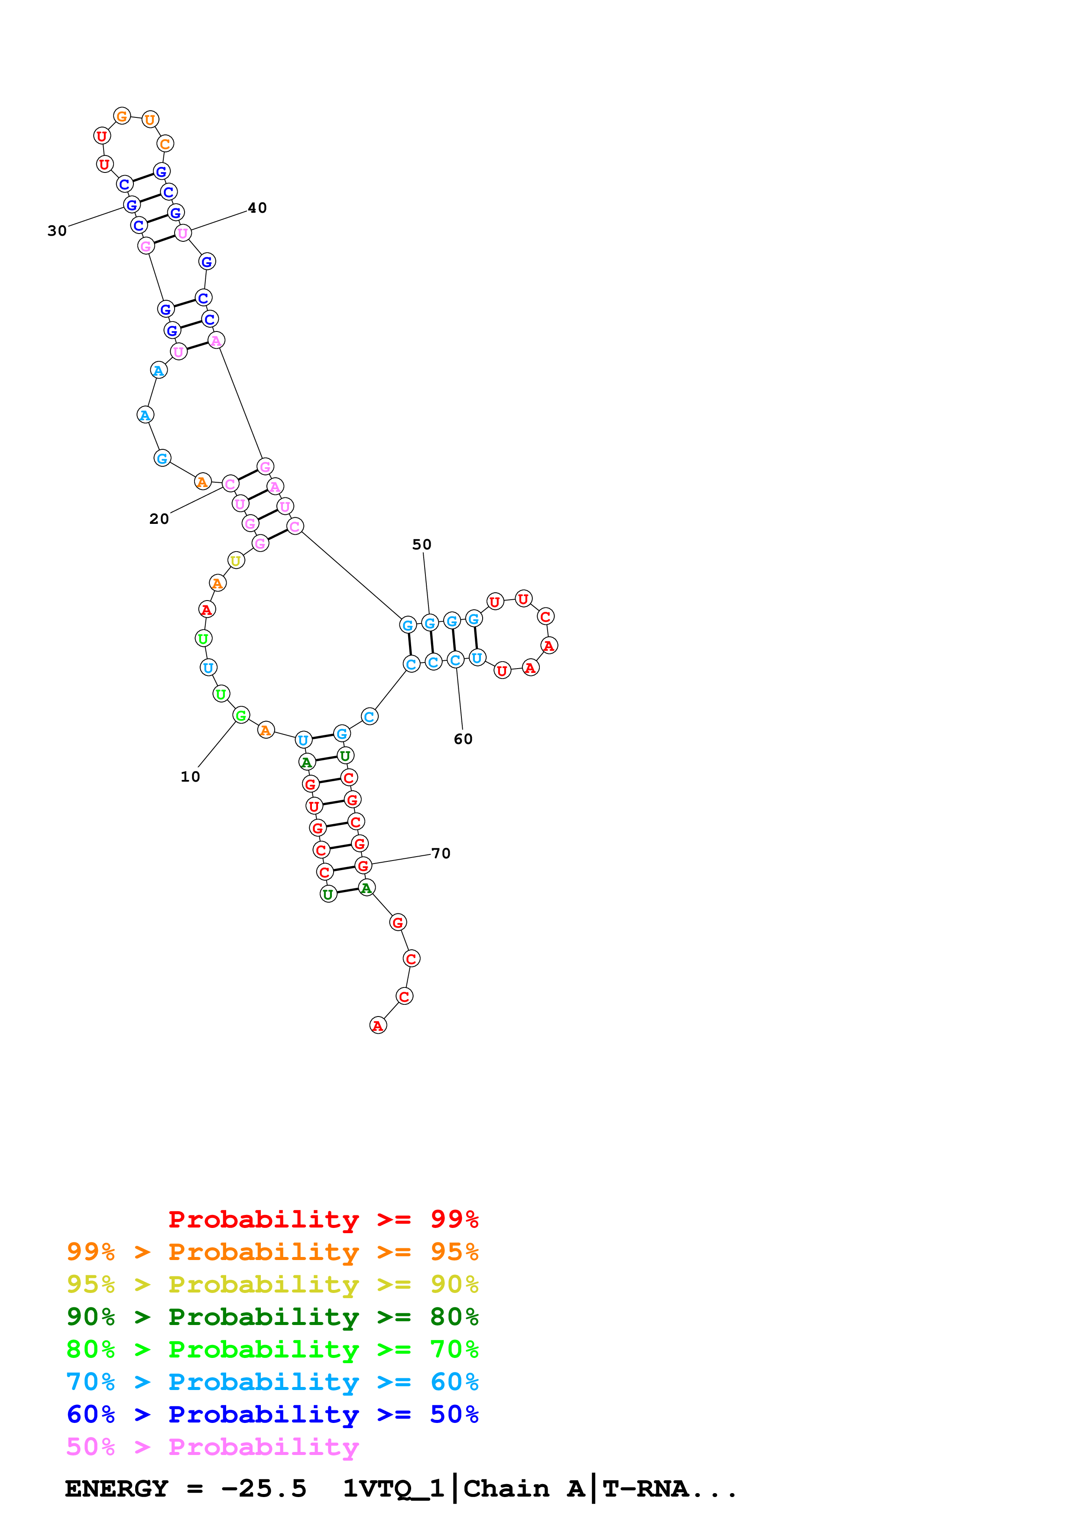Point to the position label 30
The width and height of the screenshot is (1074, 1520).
(57, 231)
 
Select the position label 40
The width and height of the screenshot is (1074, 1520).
(257, 208)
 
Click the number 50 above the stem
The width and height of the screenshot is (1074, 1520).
(422, 544)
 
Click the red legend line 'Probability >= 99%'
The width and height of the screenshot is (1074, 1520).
(323, 1219)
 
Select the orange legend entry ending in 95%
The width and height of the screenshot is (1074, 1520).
(272, 1252)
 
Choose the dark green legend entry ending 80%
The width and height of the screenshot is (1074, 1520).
(272, 1317)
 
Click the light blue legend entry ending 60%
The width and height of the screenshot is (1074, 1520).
(272, 1382)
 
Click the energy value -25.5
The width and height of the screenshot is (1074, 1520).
(264, 1489)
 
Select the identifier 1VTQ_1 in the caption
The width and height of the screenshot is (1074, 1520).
(393, 1489)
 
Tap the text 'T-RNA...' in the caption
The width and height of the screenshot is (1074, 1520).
(669, 1489)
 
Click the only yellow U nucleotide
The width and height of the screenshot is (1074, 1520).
(236, 560)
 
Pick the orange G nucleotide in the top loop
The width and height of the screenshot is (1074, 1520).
(122, 117)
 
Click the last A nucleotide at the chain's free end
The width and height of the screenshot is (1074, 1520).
(378, 1026)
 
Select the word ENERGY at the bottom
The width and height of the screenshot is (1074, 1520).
(117, 1489)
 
